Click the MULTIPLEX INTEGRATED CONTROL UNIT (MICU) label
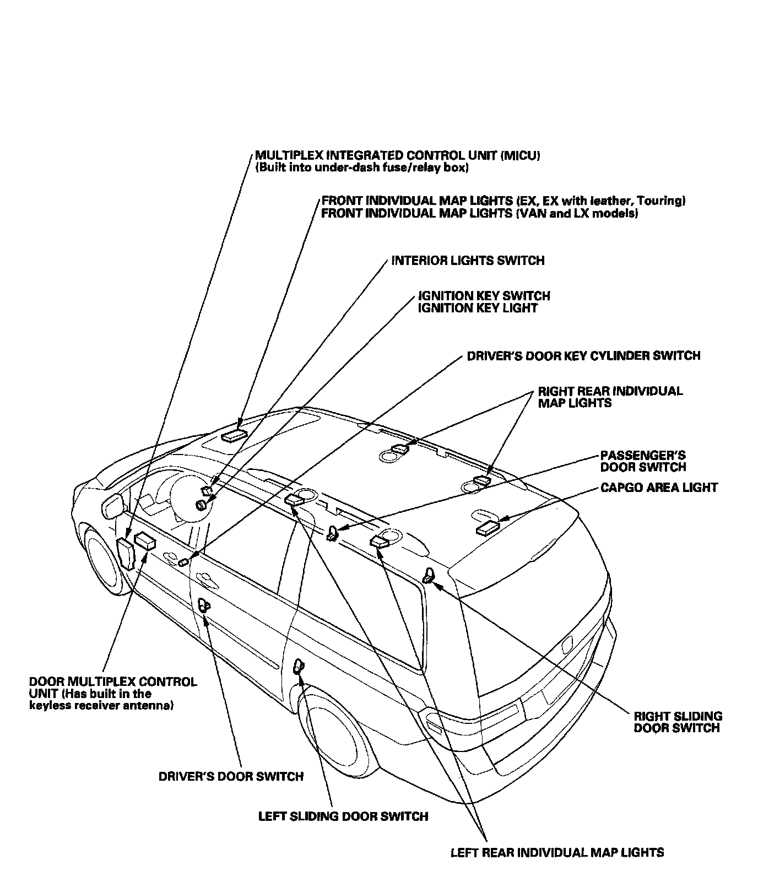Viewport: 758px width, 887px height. pos(397,156)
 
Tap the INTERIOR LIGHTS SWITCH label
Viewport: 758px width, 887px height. pos(468,261)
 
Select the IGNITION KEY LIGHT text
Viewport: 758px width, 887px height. pos(477,309)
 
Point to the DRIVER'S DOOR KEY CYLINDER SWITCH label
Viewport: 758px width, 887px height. pos(583,356)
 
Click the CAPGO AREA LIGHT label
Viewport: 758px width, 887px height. pos(659,488)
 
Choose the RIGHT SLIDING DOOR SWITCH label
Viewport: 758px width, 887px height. pos(678,722)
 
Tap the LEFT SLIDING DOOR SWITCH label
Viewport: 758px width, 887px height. pos(343,816)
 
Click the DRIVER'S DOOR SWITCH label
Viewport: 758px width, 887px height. pos(231,776)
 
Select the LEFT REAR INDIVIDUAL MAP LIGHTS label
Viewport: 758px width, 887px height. pos(557,852)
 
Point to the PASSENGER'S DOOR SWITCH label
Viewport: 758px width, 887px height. pos(643,462)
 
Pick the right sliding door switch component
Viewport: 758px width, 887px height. pos(428,576)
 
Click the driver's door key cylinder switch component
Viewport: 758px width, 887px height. pos(183,561)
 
